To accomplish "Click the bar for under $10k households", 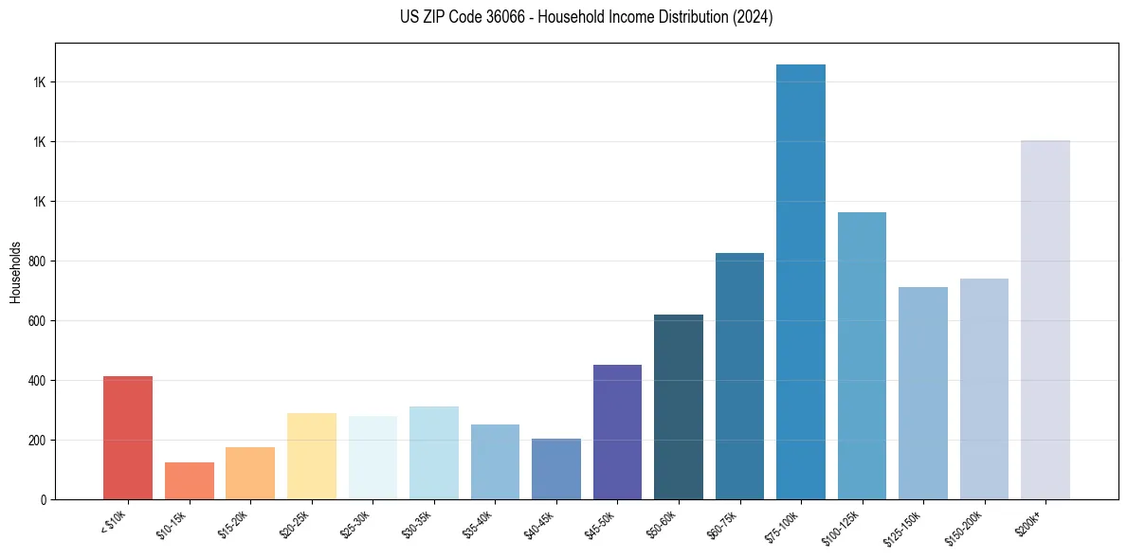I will point(128,438).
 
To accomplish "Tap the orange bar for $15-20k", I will point(250,473).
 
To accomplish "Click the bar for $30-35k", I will point(433,453).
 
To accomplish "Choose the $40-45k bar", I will point(555,469).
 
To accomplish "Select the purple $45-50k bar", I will point(617,432).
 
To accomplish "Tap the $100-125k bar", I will point(862,355).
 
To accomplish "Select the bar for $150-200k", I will point(984,388).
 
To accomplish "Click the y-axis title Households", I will point(15,272).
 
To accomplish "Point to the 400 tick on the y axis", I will point(38,381).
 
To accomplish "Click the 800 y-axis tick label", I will point(38,261).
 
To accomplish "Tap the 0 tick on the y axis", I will point(44,499).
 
